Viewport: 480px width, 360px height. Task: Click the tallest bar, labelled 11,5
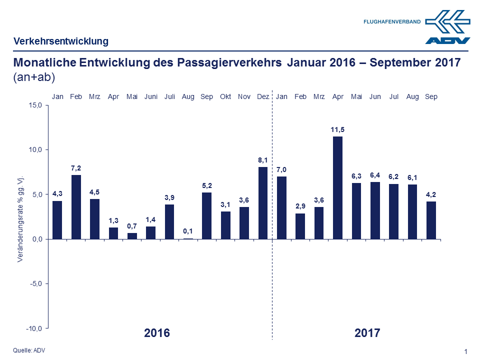tap(338, 187)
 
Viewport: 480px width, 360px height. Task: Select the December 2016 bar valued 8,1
tap(263, 203)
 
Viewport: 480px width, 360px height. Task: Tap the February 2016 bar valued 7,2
tap(76, 207)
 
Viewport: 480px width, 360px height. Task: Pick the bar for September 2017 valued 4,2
tap(431, 220)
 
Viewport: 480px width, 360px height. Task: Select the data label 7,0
tap(281, 169)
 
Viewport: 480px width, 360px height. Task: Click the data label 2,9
tap(300, 205)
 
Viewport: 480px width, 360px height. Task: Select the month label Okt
tap(225, 96)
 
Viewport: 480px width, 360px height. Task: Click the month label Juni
tap(151, 96)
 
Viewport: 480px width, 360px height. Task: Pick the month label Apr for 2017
tap(338, 96)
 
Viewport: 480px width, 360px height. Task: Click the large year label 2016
tap(157, 333)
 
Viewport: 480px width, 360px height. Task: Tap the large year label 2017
tap(367, 333)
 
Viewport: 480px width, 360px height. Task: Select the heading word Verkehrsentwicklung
tap(60, 41)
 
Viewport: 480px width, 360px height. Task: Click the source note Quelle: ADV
tap(29, 350)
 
